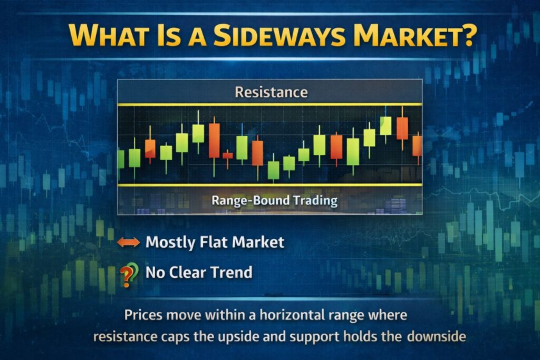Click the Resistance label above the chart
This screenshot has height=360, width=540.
pos(271,92)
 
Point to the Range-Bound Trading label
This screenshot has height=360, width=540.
pos(274,200)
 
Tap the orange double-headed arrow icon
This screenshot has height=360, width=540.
pos(128,242)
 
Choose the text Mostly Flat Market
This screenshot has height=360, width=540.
pos(215,242)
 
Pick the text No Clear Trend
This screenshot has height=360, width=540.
pos(199,273)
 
